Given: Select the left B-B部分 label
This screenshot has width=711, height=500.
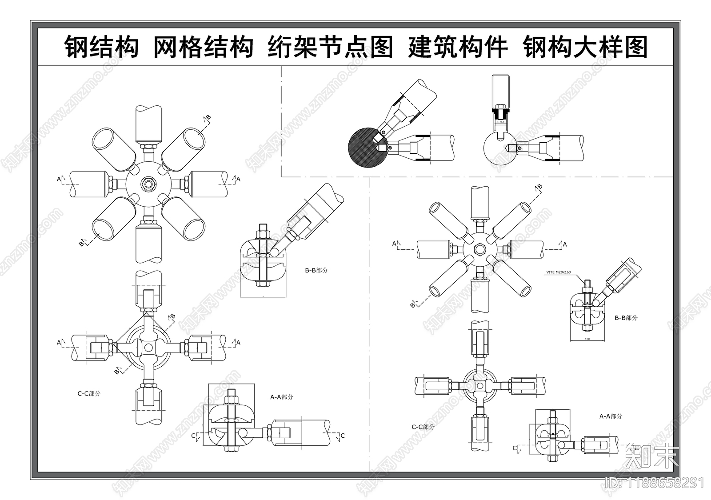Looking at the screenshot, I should [316, 270].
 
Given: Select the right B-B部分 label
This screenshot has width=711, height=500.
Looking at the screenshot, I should [626, 318].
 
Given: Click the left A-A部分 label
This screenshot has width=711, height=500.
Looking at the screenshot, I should [282, 397].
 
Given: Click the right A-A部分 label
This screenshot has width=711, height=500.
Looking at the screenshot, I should [611, 416].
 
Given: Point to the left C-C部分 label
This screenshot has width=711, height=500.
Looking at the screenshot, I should [89, 393].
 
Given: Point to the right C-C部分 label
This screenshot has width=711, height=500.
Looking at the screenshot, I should [423, 427].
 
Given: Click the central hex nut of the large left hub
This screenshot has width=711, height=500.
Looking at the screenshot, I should [148, 184].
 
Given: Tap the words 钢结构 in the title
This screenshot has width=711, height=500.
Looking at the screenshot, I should [102, 47].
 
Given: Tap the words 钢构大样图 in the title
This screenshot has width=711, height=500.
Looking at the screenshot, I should [585, 47].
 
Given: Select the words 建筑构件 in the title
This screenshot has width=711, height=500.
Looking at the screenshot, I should [458, 47].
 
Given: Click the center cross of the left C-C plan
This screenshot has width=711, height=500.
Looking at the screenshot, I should [148, 347].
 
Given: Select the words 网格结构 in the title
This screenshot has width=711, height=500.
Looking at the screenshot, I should [203, 47].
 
